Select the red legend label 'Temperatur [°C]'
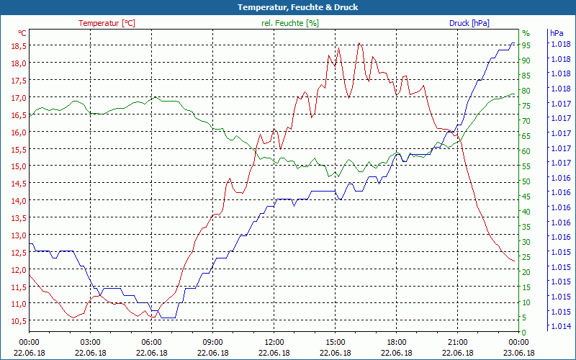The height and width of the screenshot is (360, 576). [x=107, y=23]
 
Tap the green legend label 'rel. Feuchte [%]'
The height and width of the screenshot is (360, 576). [x=289, y=23]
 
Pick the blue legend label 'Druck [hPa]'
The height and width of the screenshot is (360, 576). [x=469, y=23]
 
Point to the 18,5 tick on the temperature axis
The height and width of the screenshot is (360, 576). [x=18, y=45]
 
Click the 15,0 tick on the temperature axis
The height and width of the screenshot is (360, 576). [x=18, y=166]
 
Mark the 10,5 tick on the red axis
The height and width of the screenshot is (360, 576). [x=18, y=321]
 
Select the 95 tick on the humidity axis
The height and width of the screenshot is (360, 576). [x=526, y=45]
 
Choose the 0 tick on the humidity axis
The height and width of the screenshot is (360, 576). [x=524, y=332]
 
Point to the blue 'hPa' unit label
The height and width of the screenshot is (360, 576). [x=556, y=33]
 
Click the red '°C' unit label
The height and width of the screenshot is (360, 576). [x=22, y=33]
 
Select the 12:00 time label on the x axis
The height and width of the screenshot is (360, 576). [x=274, y=343]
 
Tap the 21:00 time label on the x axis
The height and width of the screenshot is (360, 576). [x=457, y=343]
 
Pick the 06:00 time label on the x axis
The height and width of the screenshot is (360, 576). [x=152, y=343]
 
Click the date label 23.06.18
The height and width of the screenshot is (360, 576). [x=518, y=353]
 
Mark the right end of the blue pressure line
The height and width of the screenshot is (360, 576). [x=514, y=43]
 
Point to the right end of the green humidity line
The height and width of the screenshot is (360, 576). [x=514, y=94]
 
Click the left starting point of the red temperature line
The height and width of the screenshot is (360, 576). [x=30, y=275]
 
